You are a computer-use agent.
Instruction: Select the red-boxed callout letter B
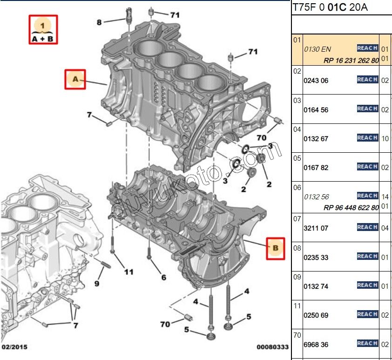pos(275,248)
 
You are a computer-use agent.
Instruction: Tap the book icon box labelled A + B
pos(43,30)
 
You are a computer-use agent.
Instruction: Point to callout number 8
pos(99,22)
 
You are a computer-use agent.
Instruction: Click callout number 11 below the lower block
pos(128,272)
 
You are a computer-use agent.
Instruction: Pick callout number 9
pos(97,283)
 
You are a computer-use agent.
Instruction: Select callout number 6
pos(163,278)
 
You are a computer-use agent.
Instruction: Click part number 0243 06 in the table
pos(316,81)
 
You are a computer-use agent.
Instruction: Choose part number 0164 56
pos(316,110)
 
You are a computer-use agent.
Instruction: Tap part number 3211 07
pos(316,228)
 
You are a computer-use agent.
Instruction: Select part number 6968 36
pos(316,345)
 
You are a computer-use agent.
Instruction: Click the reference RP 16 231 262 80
pos(351,61)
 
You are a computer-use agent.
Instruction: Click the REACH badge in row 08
pos(367,256)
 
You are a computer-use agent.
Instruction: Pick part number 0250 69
pos(316,315)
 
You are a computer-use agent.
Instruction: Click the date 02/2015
pos(14,347)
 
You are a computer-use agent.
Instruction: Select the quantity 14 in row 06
pos(385,197)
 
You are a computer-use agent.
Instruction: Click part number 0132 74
pos(316,286)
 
